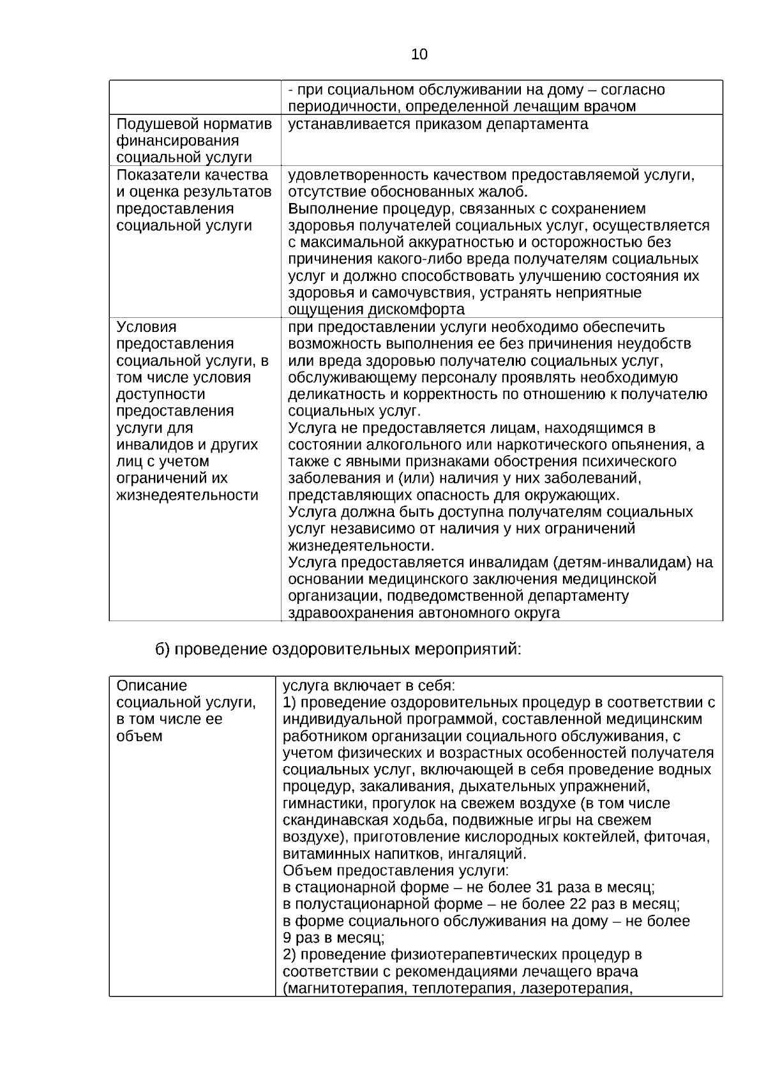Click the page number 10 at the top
pos(419,55)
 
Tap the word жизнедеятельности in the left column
pos(187,495)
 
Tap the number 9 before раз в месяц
pos(287,938)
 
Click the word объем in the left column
pos(139,736)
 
